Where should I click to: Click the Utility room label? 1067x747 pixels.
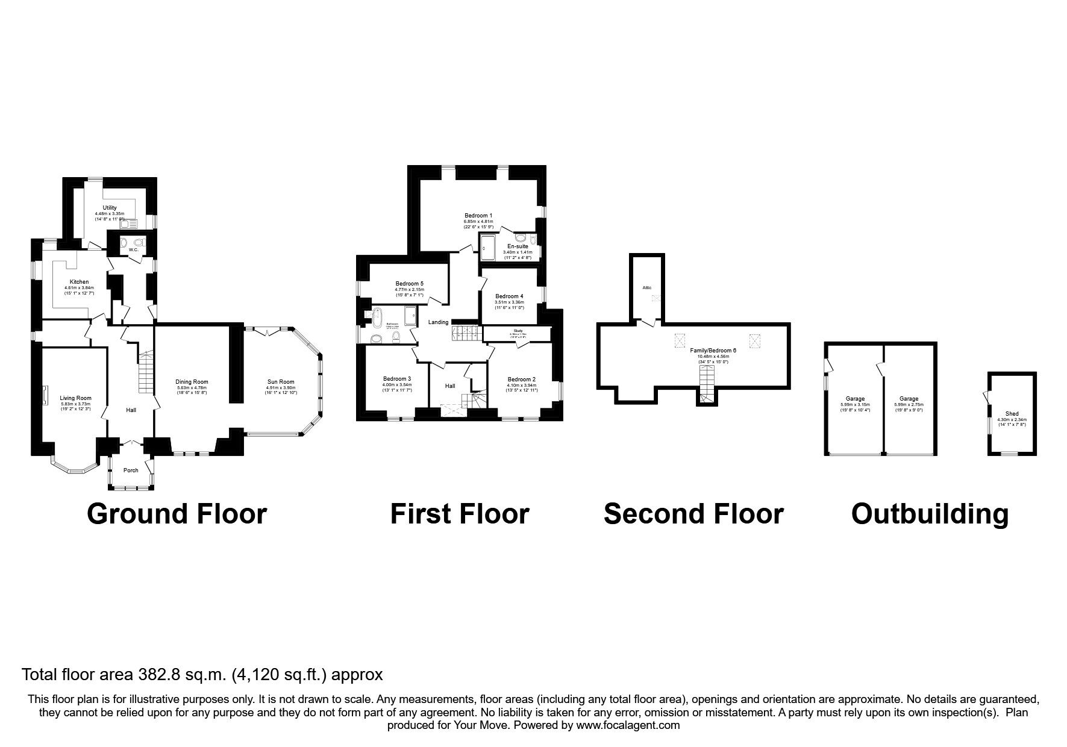[x=110, y=208]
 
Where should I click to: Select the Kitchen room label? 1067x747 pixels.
[x=79, y=282]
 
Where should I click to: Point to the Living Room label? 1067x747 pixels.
[x=75, y=398]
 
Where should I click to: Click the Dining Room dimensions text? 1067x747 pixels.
[x=192, y=390]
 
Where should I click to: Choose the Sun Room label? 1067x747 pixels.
[x=281, y=381]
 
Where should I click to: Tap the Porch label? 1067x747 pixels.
[x=131, y=470]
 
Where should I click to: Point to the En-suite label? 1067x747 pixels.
[x=518, y=246]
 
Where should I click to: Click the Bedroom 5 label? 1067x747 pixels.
[x=410, y=284]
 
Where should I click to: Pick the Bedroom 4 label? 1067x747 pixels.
[x=509, y=296]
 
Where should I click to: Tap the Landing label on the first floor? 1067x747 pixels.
[x=438, y=322]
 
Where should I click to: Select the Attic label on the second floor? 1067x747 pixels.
[x=646, y=288]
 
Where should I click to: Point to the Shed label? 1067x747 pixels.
[x=1012, y=414]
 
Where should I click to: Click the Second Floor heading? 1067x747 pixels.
[x=693, y=514]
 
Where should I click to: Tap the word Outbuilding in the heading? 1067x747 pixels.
[x=930, y=514]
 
